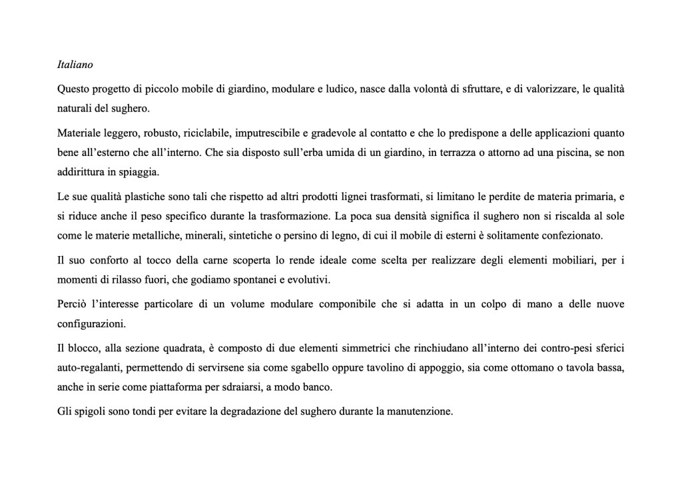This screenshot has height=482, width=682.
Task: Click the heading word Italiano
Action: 75,65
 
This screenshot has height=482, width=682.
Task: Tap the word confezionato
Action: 571,235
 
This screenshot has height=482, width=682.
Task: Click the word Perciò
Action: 72,305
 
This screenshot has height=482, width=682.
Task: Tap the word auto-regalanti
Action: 88,369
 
